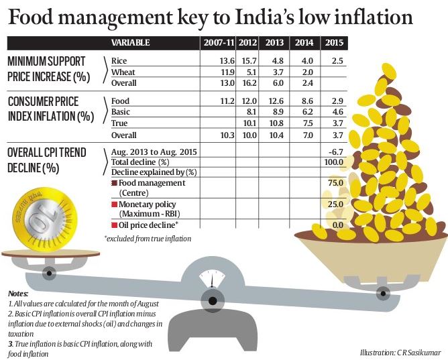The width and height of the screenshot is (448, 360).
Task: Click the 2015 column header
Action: (x=333, y=44)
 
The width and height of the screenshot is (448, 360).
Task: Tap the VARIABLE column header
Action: (x=131, y=44)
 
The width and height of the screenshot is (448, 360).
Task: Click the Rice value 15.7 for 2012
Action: (x=246, y=61)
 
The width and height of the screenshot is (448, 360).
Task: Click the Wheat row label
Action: (x=123, y=72)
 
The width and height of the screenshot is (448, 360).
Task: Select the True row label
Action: (x=119, y=123)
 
